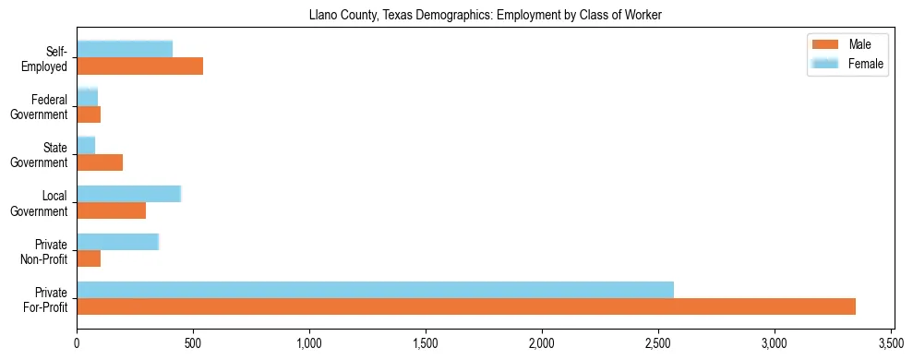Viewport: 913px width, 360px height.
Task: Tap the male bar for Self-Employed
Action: coord(139,66)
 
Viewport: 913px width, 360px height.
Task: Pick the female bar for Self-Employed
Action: coord(125,49)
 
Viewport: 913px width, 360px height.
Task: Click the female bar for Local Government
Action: coord(128,194)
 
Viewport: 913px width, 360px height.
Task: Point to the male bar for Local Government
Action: coord(111,210)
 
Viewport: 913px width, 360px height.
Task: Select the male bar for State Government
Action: coord(100,162)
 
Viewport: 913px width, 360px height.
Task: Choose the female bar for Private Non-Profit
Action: coord(117,242)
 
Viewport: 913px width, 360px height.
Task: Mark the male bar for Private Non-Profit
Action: coord(89,258)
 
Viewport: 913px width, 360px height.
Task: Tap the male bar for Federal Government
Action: coord(89,114)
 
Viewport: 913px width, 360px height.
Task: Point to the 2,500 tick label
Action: coord(658,343)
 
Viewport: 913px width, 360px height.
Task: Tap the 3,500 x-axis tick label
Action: coord(891,343)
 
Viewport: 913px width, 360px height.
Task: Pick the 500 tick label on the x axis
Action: coord(193,343)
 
